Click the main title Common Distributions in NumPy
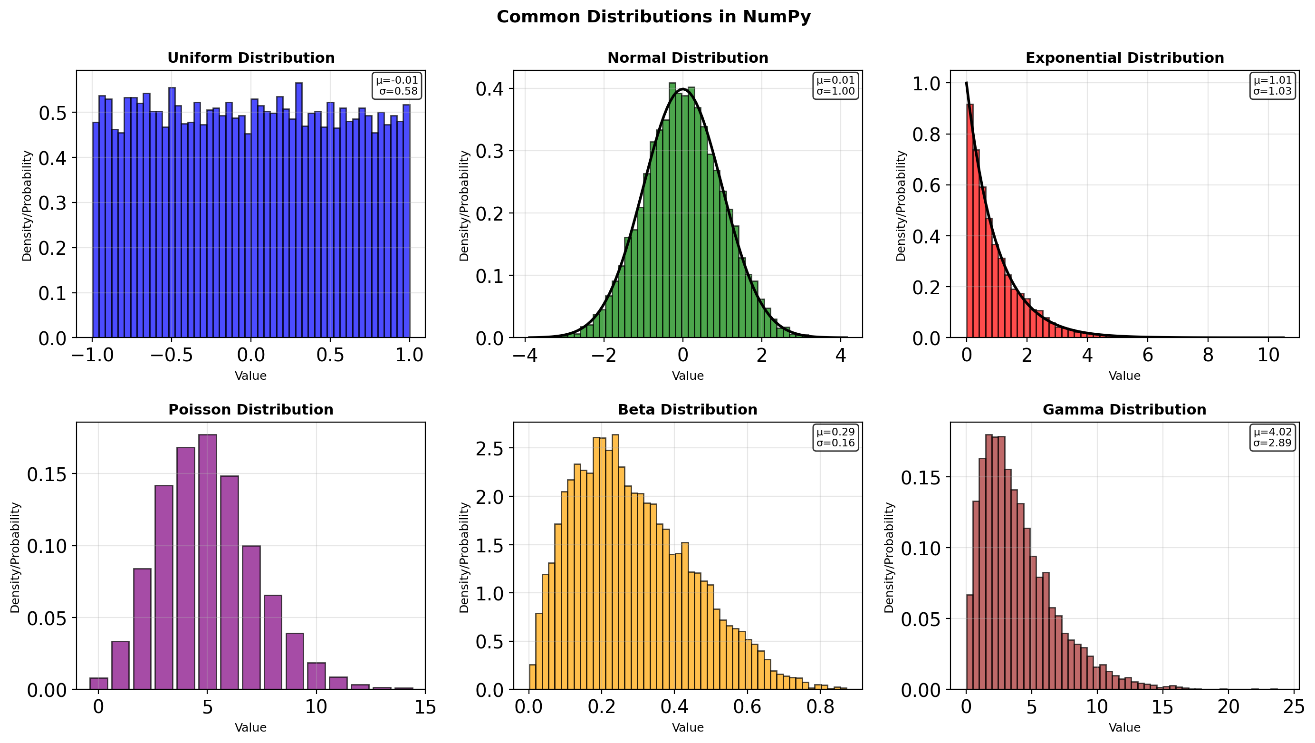[x=653, y=17]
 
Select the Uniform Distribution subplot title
[x=250, y=58]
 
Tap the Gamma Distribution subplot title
[x=1124, y=410]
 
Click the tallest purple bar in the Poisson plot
[x=207, y=562]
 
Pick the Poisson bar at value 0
[x=98, y=683]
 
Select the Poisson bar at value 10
[x=317, y=676]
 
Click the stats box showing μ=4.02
[x=1272, y=438]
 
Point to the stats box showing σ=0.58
[x=397, y=86]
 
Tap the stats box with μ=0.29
[x=835, y=438]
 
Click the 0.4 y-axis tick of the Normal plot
[x=489, y=89]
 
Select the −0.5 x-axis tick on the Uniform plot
[x=172, y=355]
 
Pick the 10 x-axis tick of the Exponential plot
[x=1268, y=355]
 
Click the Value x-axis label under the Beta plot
[x=687, y=727]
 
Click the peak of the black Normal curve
[x=682, y=89]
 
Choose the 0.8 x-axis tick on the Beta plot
[x=820, y=707]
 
